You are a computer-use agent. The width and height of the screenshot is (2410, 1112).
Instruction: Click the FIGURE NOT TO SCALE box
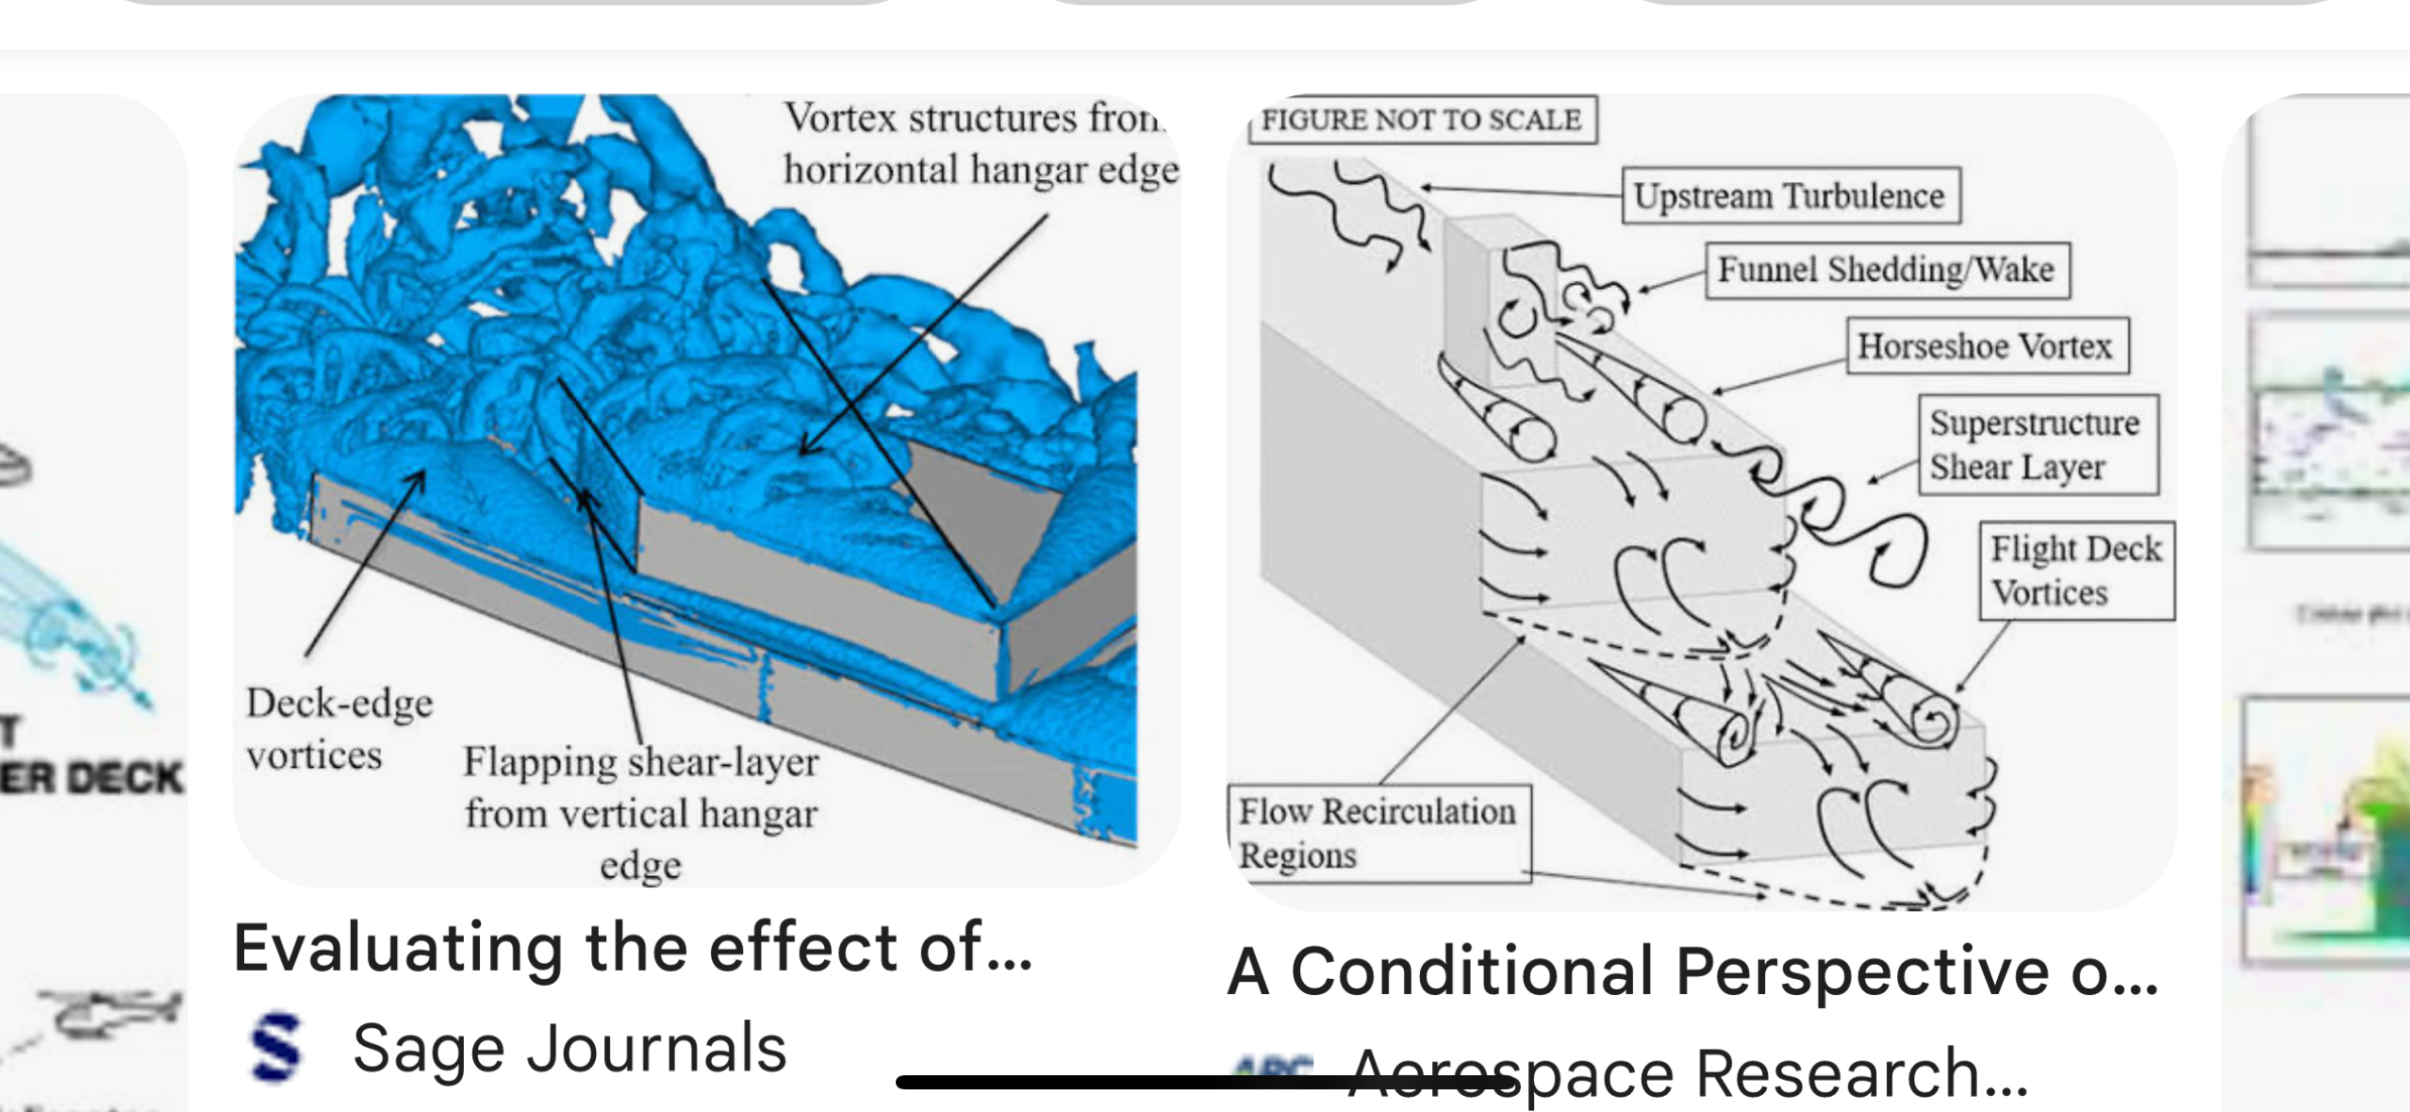click(1421, 120)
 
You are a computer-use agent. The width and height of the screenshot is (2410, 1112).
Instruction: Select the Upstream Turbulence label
click(1790, 196)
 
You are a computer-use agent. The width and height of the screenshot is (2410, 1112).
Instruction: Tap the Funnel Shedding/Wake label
click(1887, 270)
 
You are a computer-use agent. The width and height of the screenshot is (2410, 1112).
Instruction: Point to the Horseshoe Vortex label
click(1986, 346)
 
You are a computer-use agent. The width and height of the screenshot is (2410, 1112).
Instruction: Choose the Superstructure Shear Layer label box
click(2037, 444)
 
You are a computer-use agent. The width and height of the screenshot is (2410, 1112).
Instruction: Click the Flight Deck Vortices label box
click(2076, 571)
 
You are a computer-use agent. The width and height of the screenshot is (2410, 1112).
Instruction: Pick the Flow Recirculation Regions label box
click(1378, 833)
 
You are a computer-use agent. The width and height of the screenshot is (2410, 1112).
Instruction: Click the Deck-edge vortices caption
click(338, 728)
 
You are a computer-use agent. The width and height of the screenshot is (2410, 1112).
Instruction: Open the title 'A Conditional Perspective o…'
click(1693, 971)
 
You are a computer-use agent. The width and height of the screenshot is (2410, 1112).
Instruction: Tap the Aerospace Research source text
click(1688, 1073)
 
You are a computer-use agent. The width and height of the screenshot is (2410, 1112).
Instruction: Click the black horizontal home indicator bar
click(1207, 1082)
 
